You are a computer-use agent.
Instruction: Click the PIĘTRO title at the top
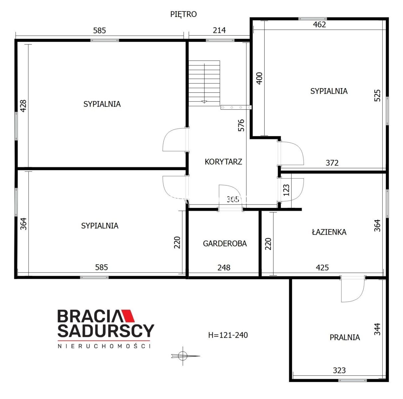coord(183,14)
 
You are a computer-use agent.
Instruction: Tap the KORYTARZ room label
coord(223,162)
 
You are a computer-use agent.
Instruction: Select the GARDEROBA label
coord(225,243)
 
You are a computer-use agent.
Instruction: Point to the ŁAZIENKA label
coord(329,232)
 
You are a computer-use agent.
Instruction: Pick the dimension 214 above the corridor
coord(219,31)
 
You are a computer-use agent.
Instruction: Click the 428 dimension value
coord(23,106)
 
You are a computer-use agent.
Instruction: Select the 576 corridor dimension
coord(241,125)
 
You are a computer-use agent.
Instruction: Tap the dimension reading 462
coord(319,25)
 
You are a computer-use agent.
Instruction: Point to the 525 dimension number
coord(377,95)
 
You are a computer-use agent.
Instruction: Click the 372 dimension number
coord(332,163)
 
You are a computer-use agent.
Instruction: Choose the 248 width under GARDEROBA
coord(224,268)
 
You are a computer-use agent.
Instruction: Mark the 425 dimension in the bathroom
coord(322,268)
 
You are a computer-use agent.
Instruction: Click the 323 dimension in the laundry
coord(339,371)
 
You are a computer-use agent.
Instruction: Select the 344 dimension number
coord(377,329)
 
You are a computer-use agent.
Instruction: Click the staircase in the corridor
coord(204,83)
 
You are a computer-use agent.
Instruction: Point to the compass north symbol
coord(183,356)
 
